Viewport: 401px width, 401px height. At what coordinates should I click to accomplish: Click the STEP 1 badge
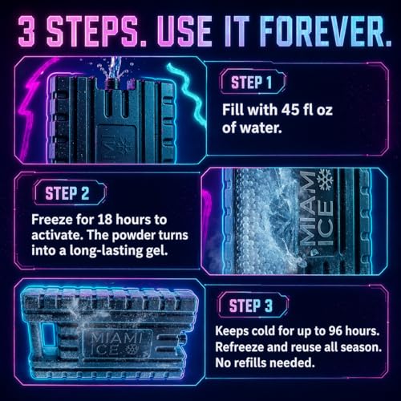[x=253, y=82]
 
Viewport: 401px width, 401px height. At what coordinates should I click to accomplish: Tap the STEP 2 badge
[x=70, y=192]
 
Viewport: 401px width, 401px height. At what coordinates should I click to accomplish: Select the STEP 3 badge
[x=253, y=305]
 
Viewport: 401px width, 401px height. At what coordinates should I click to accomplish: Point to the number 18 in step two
[x=105, y=220]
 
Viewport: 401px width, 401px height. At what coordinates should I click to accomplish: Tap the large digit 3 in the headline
[x=26, y=31]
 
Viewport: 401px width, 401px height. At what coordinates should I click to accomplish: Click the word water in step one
[x=261, y=128]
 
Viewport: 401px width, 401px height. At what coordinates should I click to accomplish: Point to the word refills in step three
[x=247, y=363]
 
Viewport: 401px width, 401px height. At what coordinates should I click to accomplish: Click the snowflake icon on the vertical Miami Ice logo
[x=325, y=179]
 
